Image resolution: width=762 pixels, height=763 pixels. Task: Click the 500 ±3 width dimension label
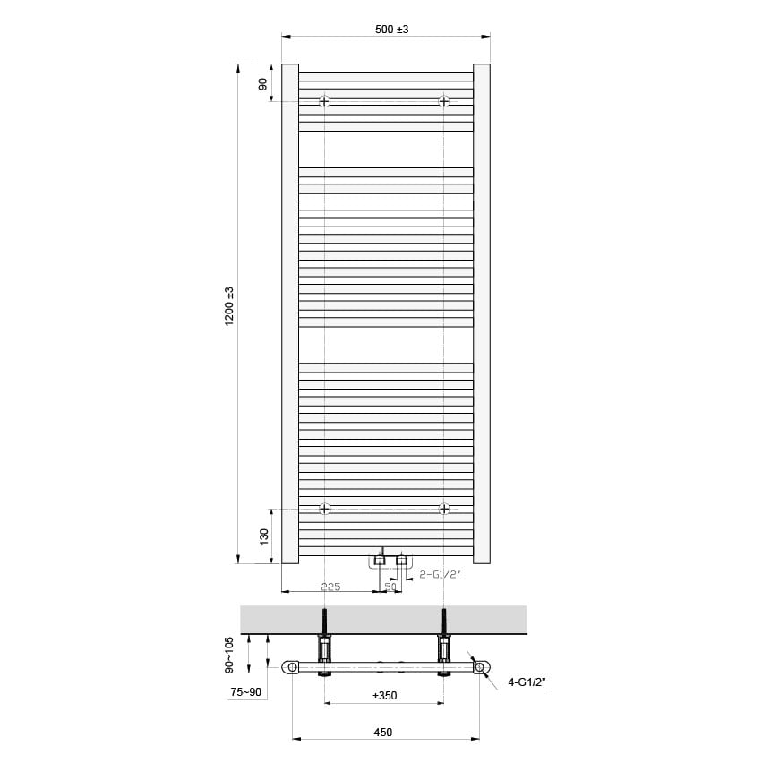(x=391, y=30)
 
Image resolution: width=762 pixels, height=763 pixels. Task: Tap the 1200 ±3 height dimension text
(x=230, y=305)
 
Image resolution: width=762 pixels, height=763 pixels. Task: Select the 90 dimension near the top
(x=263, y=83)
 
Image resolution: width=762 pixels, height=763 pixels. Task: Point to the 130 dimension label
(x=263, y=536)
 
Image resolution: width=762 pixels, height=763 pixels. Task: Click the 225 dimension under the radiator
(x=330, y=587)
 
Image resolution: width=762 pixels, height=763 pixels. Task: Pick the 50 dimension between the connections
(x=390, y=587)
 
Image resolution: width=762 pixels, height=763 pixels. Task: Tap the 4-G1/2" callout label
(x=526, y=682)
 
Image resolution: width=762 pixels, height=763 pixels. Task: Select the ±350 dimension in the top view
(x=384, y=695)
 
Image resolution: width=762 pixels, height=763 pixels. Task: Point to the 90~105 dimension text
(x=230, y=654)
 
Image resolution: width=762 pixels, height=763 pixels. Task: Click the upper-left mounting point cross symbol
(x=324, y=101)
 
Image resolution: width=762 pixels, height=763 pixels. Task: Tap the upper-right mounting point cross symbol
(x=444, y=101)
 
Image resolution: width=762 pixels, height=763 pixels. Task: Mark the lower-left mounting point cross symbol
(x=324, y=509)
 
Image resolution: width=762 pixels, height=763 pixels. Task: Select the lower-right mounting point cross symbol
(x=444, y=509)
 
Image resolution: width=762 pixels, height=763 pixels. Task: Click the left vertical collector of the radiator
(x=290, y=313)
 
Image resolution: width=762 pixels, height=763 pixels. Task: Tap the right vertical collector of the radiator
(x=482, y=313)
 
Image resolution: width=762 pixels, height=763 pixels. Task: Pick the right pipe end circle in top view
(x=481, y=667)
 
